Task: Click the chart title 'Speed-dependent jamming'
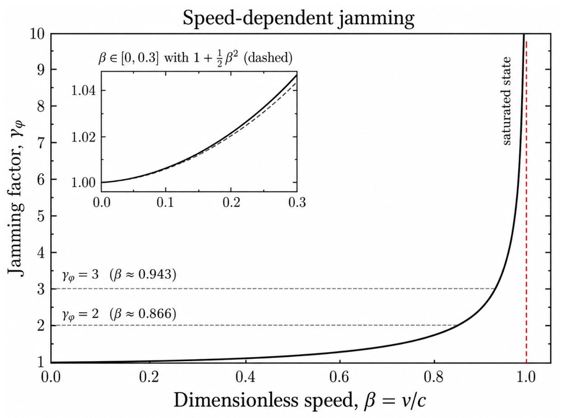click(298, 19)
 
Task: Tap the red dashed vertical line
click(526, 202)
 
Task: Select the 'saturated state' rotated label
click(507, 101)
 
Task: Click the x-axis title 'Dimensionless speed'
click(264, 400)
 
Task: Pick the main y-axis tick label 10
click(37, 33)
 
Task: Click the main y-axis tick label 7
click(41, 143)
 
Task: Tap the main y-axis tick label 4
click(41, 253)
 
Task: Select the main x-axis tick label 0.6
click(340, 377)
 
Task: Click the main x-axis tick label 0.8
click(434, 377)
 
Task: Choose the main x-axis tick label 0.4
click(246, 377)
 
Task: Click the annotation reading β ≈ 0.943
click(143, 275)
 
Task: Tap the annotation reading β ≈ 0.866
click(143, 314)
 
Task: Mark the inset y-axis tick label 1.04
click(84, 91)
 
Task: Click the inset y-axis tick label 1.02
click(84, 137)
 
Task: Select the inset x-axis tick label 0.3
click(297, 203)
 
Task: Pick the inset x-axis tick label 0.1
click(166, 203)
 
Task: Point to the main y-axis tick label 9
click(41, 70)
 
